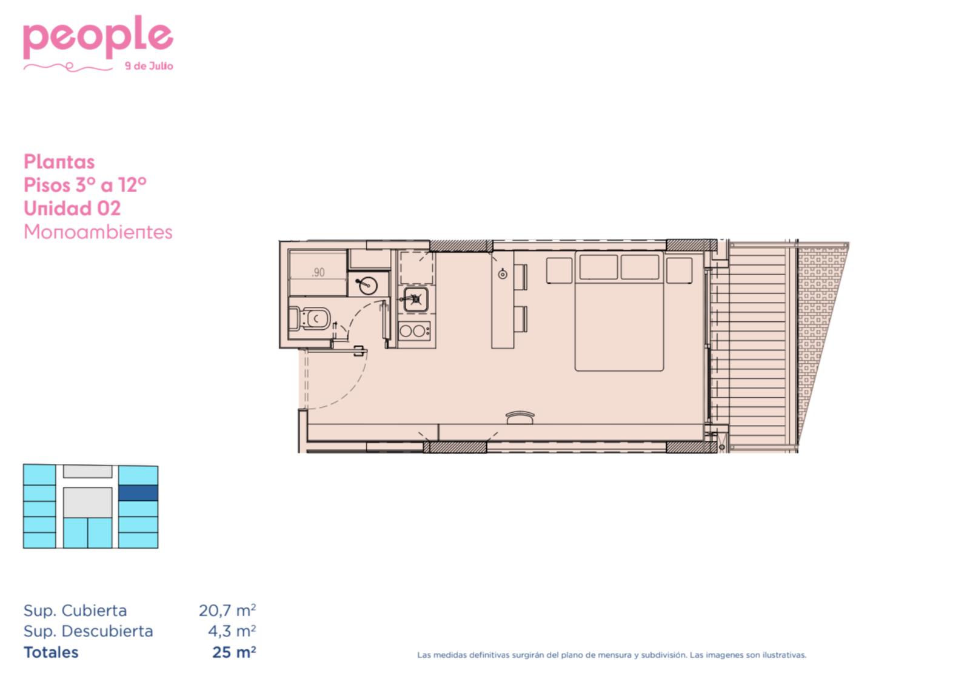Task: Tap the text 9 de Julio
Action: click(149, 66)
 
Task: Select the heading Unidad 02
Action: click(72, 209)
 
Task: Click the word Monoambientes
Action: click(98, 232)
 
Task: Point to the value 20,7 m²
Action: click(227, 610)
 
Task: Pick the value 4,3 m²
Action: click(232, 631)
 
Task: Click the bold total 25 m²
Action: click(234, 652)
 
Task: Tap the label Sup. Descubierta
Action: click(89, 631)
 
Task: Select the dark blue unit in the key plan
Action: click(138, 493)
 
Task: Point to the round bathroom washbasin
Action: click(367, 286)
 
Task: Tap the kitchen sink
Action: click(416, 300)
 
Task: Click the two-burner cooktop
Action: click(415, 331)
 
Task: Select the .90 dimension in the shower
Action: click(318, 272)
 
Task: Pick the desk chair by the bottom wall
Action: click(520, 418)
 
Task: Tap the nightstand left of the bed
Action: click(560, 270)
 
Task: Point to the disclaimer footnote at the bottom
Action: click(612, 655)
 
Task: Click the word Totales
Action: click(51, 652)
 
